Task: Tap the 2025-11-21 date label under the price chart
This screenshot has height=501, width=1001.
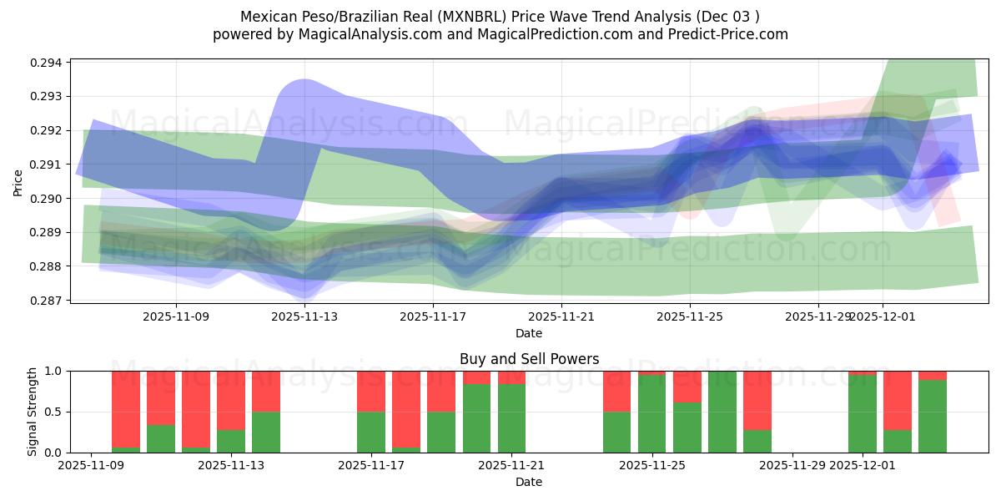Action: tap(561, 316)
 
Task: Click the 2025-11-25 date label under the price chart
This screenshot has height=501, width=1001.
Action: tap(690, 316)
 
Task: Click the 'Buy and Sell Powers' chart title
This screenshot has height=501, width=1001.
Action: tap(529, 359)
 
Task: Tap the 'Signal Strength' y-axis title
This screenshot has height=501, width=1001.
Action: tap(32, 412)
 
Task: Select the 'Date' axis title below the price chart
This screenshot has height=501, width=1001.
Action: tap(529, 333)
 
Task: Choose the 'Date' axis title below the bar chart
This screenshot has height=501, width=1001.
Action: tap(529, 482)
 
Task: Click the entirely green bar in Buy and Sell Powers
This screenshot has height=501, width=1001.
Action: tap(722, 412)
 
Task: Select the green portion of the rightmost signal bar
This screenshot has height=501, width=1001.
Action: tap(933, 416)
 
